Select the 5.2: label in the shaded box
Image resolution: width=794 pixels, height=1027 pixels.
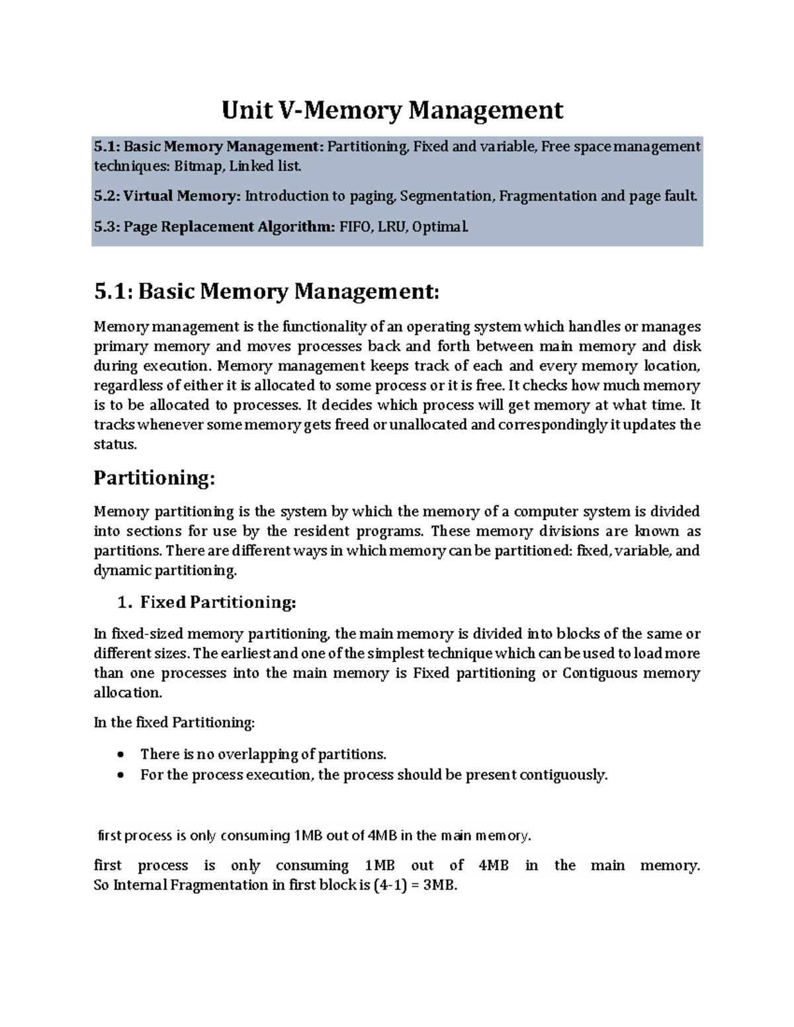[x=106, y=196]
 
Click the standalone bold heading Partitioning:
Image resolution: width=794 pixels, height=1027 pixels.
[x=154, y=477]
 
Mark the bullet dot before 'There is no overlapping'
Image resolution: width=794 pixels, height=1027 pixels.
[x=120, y=755]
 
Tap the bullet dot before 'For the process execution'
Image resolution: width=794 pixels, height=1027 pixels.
[x=120, y=775]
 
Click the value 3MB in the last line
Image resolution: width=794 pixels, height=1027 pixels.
[x=440, y=885]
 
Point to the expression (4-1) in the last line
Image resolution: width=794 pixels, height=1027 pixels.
[x=390, y=885]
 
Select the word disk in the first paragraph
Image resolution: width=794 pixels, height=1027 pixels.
[x=687, y=347]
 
